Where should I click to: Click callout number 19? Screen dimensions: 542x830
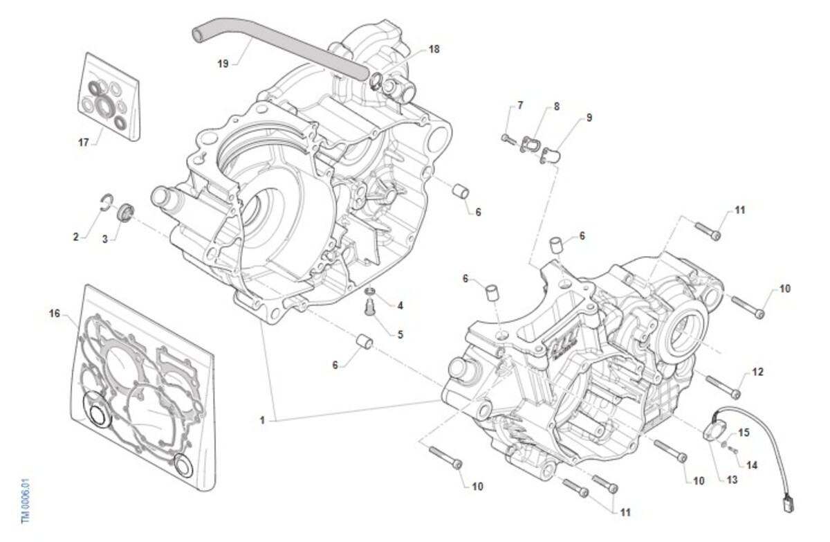pos(223,64)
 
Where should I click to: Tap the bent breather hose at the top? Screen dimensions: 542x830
pos(277,44)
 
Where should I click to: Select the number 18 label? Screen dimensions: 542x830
pos(434,49)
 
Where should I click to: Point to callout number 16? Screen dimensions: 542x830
pos(55,314)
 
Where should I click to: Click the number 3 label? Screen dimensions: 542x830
pos(105,240)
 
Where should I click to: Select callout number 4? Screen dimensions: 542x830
pos(400,305)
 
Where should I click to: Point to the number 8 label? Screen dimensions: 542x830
pos(556,107)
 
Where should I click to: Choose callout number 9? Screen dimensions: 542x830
pos(589,118)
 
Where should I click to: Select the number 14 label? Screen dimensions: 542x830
pos(752,465)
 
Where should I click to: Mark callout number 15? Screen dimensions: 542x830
pos(744,433)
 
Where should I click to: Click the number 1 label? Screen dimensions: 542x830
pos(262,419)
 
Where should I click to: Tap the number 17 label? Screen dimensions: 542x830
pos(84,143)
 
